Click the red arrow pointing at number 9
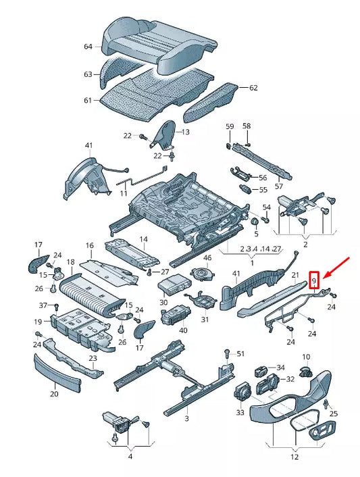(x=336, y=268)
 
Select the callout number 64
(x=88, y=47)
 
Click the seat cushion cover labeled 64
(x=159, y=45)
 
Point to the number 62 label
(x=253, y=88)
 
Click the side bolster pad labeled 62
(x=211, y=102)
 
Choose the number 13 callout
(x=185, y=132)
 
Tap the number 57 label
(x=278, y=186)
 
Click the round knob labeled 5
(x=254, y=222)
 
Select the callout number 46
(x=207, y=258)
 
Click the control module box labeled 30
(x=174, y=284)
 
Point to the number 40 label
(x=183, y=330)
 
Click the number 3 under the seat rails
(x=186, y=419)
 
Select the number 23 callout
(x=93, y=358)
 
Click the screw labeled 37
(x=56, y=306)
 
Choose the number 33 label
(x=240, y=413)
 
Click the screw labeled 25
(x=326, y=404)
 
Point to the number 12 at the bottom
(x=294, y=457)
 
